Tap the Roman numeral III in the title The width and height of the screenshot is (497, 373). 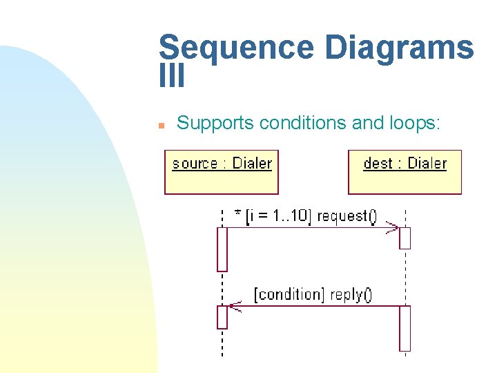coord(172,77)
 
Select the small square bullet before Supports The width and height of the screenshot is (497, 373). coord(160,126)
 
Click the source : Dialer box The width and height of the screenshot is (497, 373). coord(222,172)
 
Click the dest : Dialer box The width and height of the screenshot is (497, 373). coord(405,172)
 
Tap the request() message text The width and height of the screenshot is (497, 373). coord(347,216)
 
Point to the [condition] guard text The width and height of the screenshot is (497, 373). coord(289,294)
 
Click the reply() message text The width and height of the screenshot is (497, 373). coord(351,294)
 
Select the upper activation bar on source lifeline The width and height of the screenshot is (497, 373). coord(222,249)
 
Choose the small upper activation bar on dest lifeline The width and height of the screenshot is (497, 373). coord(405,238)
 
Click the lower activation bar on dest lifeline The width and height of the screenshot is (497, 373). coord(405,328)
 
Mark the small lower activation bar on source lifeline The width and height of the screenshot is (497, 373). coord(222,317)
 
